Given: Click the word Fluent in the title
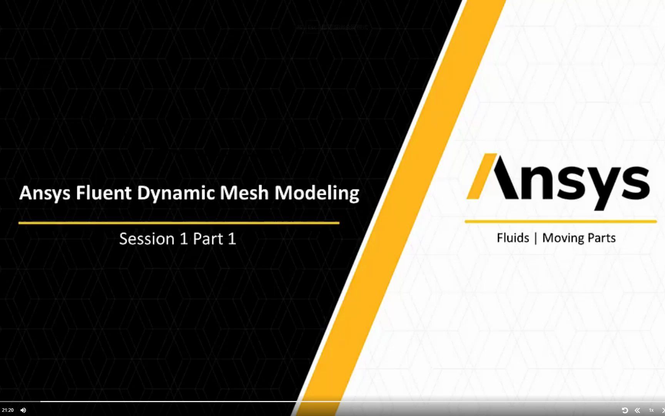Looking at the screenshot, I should pos(103,193).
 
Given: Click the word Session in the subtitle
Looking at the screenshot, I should pos(147,239).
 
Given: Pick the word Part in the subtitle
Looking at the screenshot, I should pos(208,239).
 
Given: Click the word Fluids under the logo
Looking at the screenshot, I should pos(513,238).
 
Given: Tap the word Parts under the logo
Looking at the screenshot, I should pos(601,238).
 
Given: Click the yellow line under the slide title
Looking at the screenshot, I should pos(179,223).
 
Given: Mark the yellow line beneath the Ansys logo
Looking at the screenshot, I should pos(560,221).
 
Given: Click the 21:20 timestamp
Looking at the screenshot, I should pos(8,410).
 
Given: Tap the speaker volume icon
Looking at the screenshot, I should pos(23,410).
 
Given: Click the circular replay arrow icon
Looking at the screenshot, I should pos(625,410).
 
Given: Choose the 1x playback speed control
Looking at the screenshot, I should pos(651,410).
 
